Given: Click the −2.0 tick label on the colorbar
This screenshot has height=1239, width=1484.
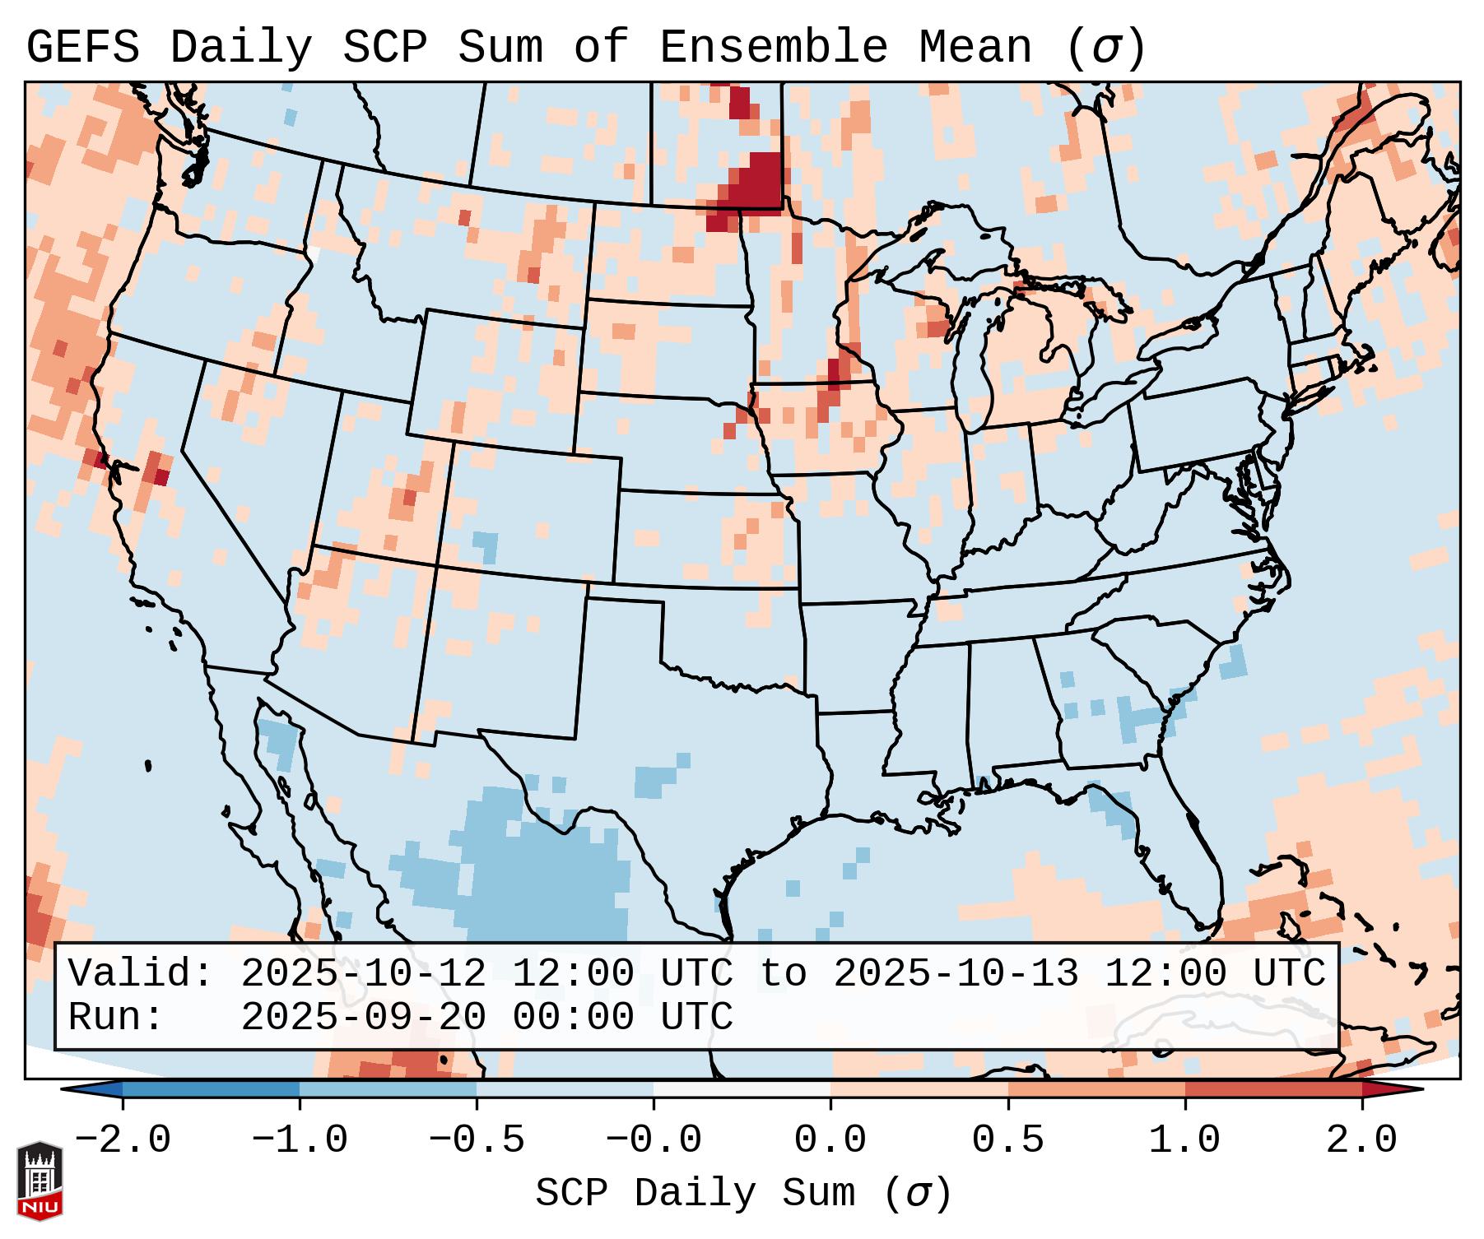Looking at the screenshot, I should [x=123, y=1140].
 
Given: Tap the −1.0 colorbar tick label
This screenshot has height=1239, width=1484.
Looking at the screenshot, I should [x=300, y=1140].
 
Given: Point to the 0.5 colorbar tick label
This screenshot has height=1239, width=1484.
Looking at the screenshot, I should [x=1007, y=1140].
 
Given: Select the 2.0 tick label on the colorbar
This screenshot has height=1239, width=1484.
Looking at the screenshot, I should [x=1362, y=1140].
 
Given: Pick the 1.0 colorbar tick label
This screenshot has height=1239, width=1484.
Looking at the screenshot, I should [x=1184, y=1140].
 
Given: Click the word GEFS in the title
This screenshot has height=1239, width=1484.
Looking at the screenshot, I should [x=83, y=47].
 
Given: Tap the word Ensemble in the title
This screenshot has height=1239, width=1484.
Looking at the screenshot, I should [x=773, y=47].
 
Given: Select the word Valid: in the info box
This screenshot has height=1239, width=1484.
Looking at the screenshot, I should [x=141, y=973].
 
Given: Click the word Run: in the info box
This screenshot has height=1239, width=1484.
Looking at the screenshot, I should [x=116, y=1017].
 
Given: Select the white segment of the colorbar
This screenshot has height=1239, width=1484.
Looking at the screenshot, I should [x=742, y=1089].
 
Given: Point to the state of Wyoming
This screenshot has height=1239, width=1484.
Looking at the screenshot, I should [x=494, y=378].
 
